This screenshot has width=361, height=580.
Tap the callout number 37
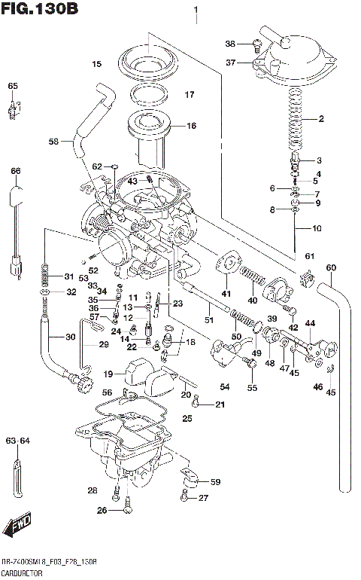pyautogui.click(x=230, y=63)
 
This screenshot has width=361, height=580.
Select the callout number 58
pyautogui.click(x=53, y=141)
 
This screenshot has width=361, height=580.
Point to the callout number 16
pyautogui.click(x=190, y=126)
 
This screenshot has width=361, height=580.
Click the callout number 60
pyautogui.click(x=330, y=267)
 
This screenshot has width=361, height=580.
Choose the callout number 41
pyautogui.click(x=226, y=293)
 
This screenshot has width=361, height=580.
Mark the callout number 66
pyautogui.click(x=14, y=172)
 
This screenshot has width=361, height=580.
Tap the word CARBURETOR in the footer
pyautogui.click(x=23, y=573)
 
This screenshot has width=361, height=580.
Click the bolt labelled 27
pyautogui.click(x=185, y=497)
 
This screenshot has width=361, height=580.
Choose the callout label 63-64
pyautogui.click(x=17, y=441)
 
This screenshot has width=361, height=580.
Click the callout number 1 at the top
pyautogui.click(x=196, y=11)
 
